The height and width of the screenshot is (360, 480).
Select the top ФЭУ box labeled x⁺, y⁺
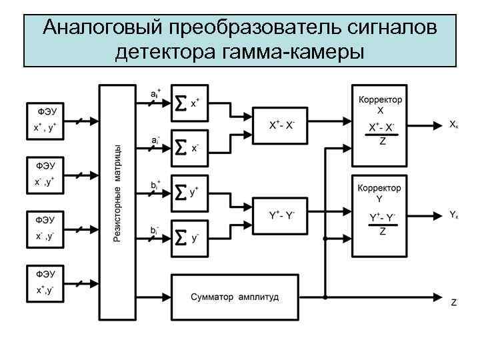tap(46, 120)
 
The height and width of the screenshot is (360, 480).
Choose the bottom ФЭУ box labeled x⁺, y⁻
tap(46, 283)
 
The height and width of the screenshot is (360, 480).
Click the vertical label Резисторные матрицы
tap(117, 193)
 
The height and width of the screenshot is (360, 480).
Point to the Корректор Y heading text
tap(379, 193)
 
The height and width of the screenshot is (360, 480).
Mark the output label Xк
tap(453, 125)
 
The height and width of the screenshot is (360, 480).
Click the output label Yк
tap(453, 215)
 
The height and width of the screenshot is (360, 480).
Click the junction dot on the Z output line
tap(325, 296)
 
